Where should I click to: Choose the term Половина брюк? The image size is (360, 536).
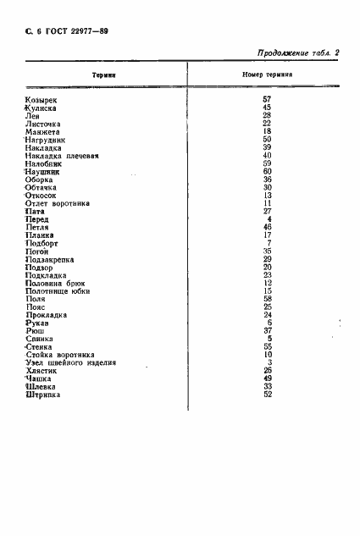(58, 283)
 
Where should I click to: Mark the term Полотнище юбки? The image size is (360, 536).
(59, 291)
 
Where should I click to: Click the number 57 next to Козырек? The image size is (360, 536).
(266, 100)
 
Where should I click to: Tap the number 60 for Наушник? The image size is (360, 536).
(266, 171)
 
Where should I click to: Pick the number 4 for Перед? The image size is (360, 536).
(269, 219)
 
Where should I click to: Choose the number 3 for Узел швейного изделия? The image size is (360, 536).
(269, 362)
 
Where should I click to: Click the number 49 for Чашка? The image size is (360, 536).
(266, 379)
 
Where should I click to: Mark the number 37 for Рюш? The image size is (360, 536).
(266, 331)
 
